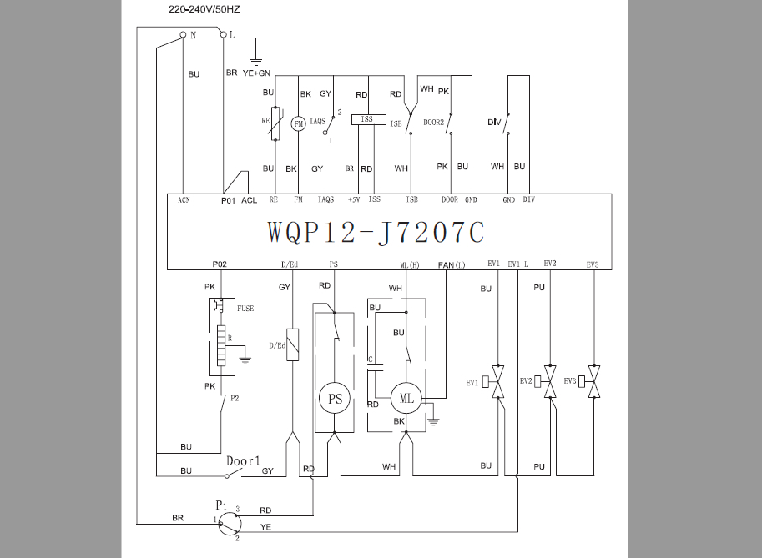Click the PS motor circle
335,399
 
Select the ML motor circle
406,398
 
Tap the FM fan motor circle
299,123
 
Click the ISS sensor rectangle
368,119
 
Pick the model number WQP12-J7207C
376,232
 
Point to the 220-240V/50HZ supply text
204,9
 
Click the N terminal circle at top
184,34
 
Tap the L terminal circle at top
224,34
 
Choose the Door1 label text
243,461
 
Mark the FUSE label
245,309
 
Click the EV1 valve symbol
497,382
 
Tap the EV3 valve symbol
593,382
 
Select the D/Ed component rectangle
293,344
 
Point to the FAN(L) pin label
452,264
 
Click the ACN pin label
184,200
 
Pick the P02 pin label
220,264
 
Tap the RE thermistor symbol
275,123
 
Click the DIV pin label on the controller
529,199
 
